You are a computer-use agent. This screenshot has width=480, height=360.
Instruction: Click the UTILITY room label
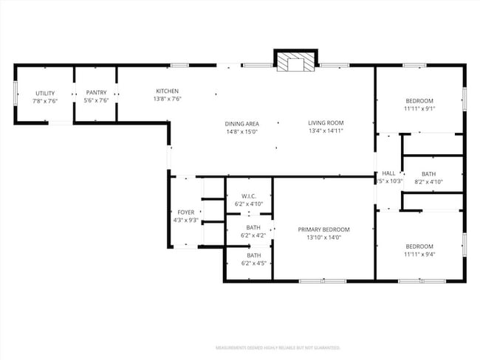[x=46, y=93]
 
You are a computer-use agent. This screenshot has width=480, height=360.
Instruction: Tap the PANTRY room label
[x=96, y=93]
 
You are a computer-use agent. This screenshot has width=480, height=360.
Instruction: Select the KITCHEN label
[x=167, y=91]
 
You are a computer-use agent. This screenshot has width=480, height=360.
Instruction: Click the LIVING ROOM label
[x=326, y=123]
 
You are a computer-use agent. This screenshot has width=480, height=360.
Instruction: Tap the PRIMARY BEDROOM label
[x=323, y=229]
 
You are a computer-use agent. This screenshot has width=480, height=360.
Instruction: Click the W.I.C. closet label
[x=248, y=195]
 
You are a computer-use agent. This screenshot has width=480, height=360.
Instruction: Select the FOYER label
[x=185, y=212]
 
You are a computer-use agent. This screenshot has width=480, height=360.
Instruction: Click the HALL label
[x=388, y=173]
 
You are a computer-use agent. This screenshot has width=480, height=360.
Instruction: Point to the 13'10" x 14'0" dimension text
[x=323, y=238]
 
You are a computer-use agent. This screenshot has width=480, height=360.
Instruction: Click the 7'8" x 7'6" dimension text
[x=46, y=101]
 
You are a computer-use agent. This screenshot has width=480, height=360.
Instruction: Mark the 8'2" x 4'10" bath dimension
[x=428, y=181]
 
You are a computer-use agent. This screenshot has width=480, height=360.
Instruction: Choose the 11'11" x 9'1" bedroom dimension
[x=419, y=108]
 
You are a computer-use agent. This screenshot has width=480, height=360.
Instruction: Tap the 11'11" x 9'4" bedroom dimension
[x=419, y=255]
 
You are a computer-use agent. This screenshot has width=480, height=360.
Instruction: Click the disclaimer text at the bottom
[x=277, y=347]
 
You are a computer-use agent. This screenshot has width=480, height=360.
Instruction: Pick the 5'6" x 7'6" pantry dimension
[x=96, y=101]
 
